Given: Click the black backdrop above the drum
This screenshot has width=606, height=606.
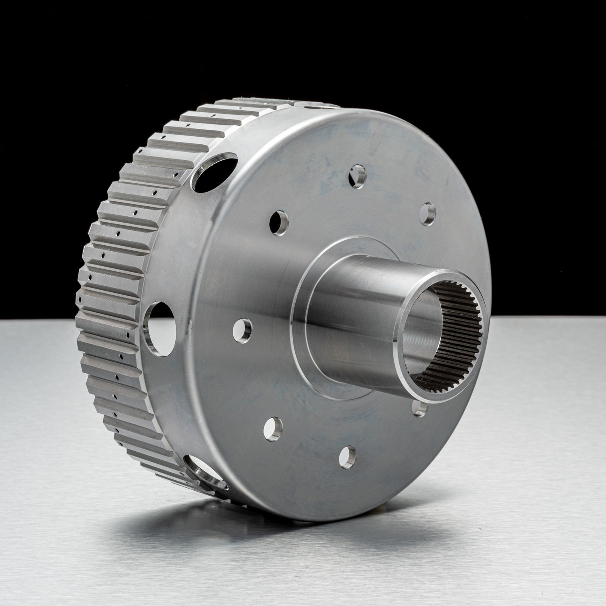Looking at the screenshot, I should coord(294,42).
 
